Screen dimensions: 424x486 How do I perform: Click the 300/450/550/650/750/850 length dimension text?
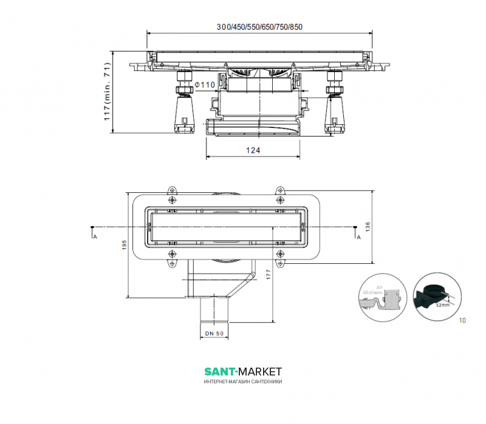tap(259, 27)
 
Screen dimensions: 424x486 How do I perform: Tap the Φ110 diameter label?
tap(204, 84)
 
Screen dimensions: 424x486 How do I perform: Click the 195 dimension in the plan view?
tap(124, 246)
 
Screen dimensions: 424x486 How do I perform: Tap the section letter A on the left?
tap(94, 237)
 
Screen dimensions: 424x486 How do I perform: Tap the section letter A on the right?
tap(358, 237)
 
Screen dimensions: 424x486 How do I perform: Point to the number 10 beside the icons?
tap(463, 320)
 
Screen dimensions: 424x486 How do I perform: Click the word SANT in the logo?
tap(219, 371)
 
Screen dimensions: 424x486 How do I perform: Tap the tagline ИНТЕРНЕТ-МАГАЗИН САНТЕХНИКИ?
tap(242, 382)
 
